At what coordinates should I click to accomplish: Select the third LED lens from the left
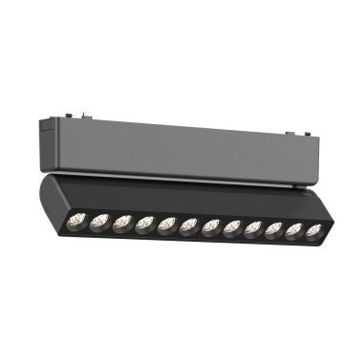pyautogui.click(x=121, y=224)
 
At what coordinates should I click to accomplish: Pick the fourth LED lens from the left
pyautogui.click(x=146, y=225)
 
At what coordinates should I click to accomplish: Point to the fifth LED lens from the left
pyautogui.click(x=169, y=226)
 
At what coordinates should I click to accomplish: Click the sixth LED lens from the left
pyautogui.click(x=191, y=227)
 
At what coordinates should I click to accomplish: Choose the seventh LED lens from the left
pyautogui.click(x=212, y=228)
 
